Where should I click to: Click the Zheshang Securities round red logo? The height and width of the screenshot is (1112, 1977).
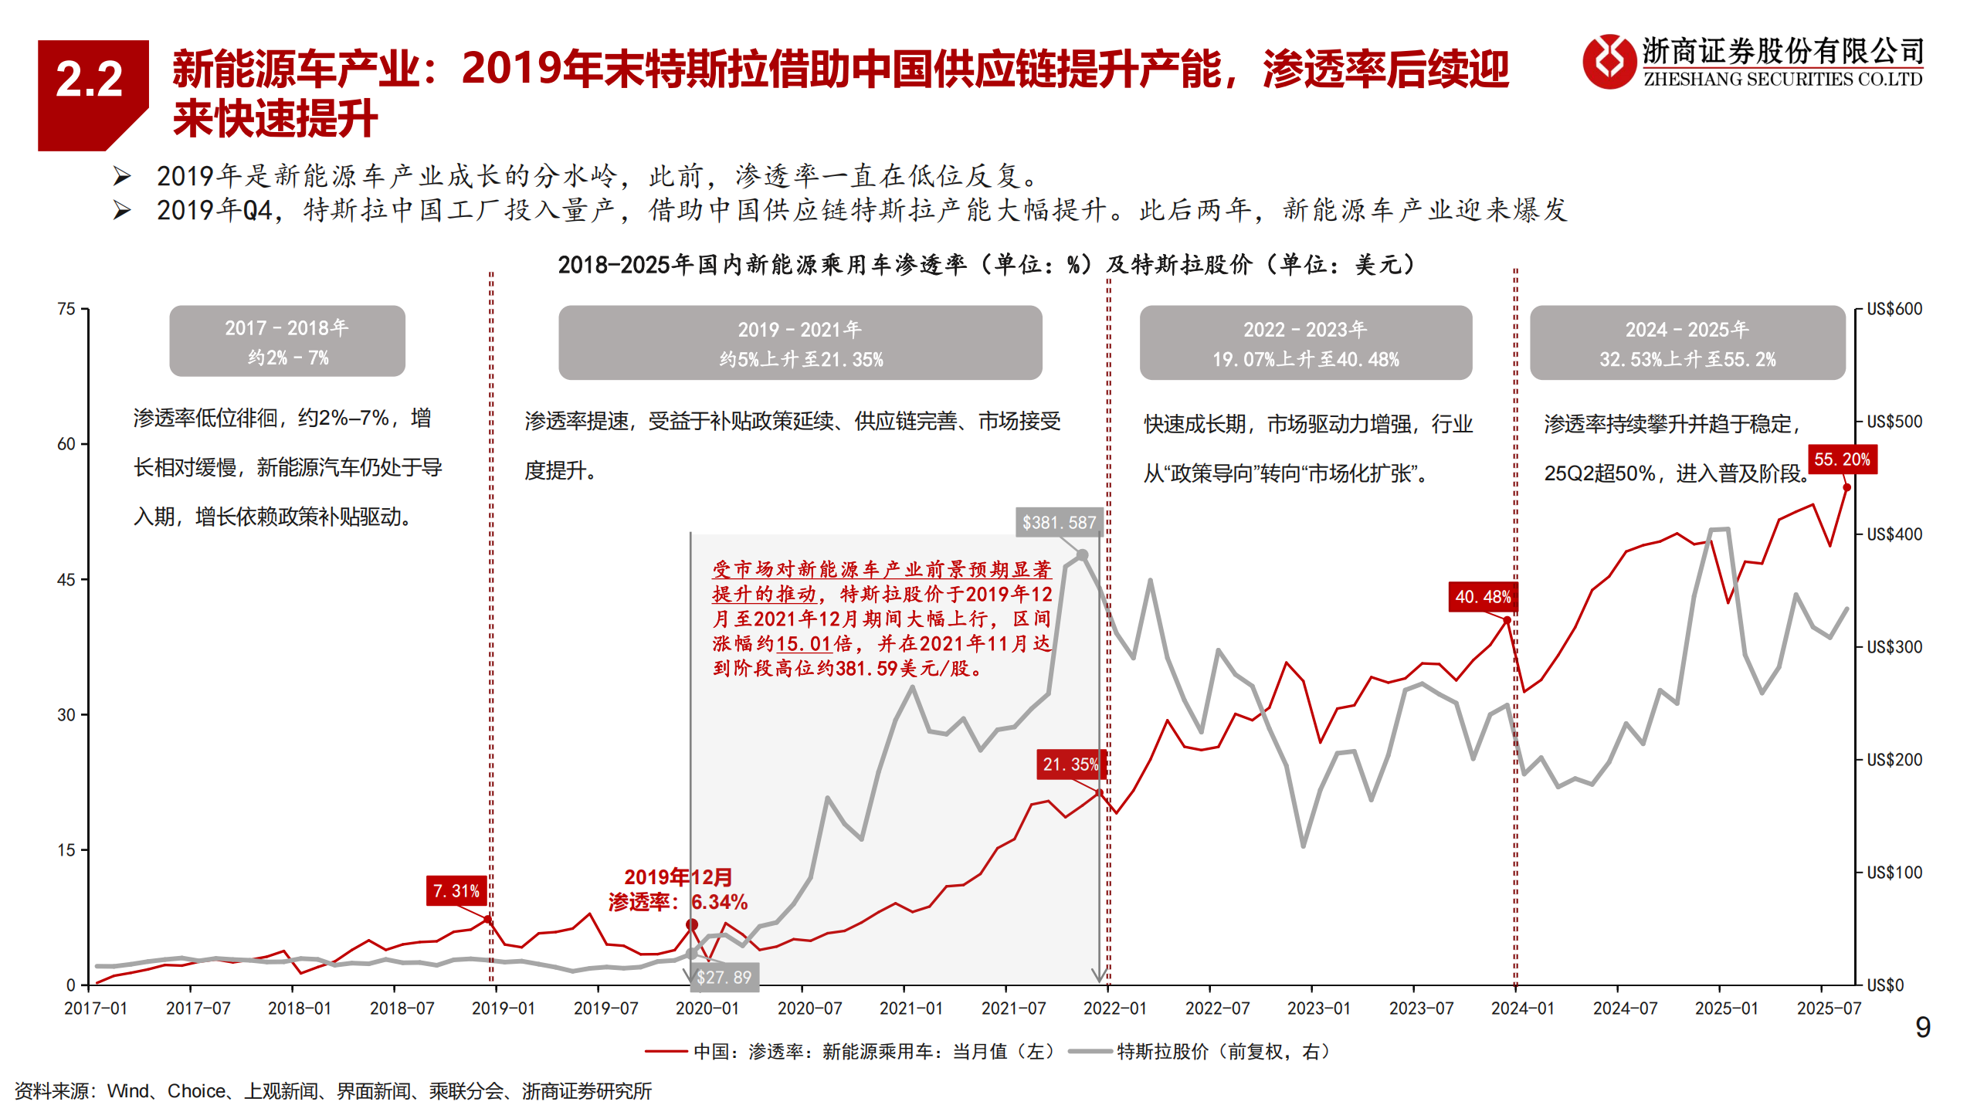tap(1609, 61)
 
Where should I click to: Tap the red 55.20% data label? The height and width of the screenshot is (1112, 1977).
tap(1842, 459)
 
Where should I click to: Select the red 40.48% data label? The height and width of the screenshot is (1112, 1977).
tap(1482, 597)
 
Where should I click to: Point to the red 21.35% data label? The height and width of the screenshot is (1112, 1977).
tap(1070, 764)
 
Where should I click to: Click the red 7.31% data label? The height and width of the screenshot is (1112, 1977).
tap(456, 891)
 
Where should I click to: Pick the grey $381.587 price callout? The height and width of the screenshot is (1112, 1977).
tap(1059, 523)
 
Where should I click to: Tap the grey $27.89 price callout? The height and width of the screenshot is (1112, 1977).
tap(724, 978)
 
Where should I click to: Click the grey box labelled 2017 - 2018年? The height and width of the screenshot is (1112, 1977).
tap(287, 341)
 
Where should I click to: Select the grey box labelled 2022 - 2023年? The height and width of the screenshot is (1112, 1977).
tap(1305, 343)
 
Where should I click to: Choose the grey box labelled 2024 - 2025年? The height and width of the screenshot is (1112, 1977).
tap(1687, 343)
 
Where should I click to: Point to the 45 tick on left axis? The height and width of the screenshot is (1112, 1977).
tap(66, 580)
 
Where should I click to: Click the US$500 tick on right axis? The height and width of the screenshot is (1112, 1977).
tap(1894, 422)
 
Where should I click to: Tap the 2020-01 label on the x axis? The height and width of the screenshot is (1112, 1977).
tap(707, 1009)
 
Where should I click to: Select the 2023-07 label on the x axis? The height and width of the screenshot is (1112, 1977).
tap(1420, 1009)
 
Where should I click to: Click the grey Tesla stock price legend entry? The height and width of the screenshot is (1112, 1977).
tap(1201, 1052)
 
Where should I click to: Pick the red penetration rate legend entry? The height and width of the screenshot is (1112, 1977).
tap(849, 1052)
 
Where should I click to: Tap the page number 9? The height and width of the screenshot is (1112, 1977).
tap(1923, 1028)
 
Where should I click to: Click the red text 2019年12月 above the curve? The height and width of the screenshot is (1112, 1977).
tap(678, 877)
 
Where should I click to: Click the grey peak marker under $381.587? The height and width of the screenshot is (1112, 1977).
tap(1082, 555)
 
